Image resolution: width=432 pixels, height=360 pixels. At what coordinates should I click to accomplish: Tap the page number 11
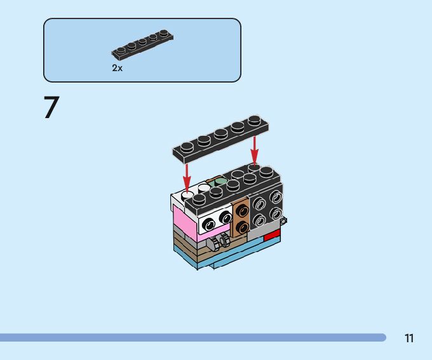click(410, 338)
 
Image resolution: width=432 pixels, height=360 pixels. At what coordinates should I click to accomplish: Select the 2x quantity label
click(117, 68)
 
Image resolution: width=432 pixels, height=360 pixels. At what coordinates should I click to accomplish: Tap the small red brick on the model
click(271, 236)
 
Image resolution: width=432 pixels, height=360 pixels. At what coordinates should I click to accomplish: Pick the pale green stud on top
click(220, 182)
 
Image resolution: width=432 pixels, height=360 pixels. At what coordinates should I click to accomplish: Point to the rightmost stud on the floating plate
click(254, 120)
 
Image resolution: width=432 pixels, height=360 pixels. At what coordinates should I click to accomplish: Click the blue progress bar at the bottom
click(191, 338)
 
